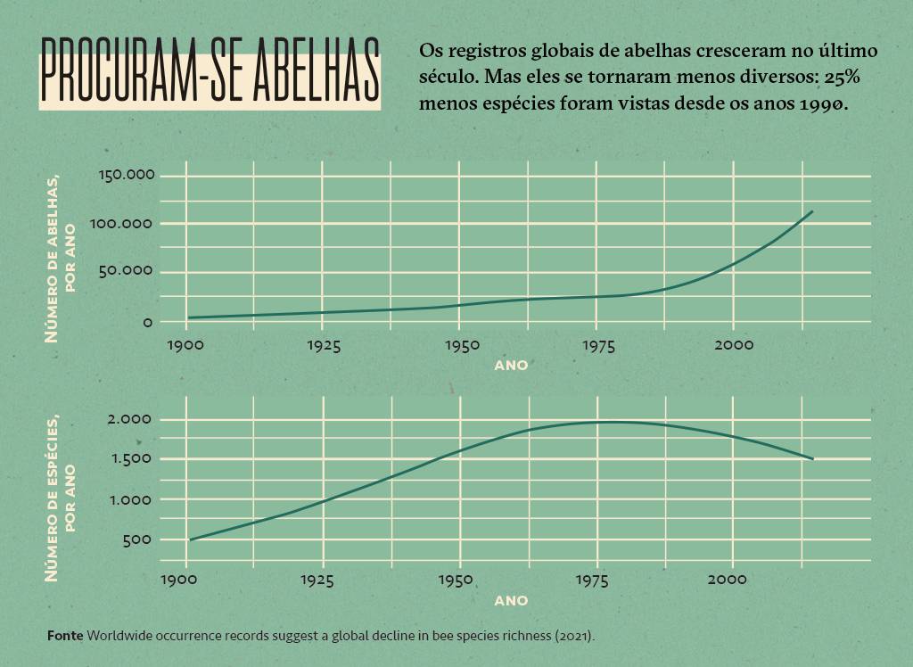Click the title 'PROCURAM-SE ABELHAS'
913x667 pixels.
pyautogui.click(x=210, y=71)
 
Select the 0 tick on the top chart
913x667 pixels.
pyautogui.click(x=148, y=321)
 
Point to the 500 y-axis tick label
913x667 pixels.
pyautogui.click(x=142, y=539)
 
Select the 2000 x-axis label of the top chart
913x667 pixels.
pyautogui.click(x=733, y=345)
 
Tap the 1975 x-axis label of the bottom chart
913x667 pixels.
pyautogui.click(x=596, y=581)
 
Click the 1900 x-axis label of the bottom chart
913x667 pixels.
pyautogui.click(x=185, y=581)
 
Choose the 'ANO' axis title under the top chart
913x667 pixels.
pyautogui.click(x=511, y=365)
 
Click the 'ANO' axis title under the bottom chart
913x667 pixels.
pyautogui.click(x=511, y=600)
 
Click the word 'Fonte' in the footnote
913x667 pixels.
pyautogui.click(x=65, y=636)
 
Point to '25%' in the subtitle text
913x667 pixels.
pyautogui.click(x=842, y=77)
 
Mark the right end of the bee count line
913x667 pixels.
pyautogui.click(x=812, y=212)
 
